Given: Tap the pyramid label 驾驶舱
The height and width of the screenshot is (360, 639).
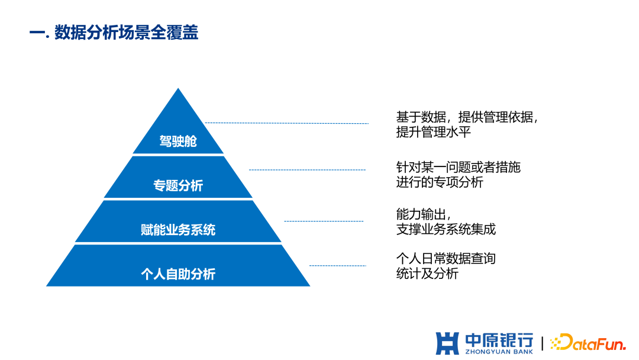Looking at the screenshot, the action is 178,142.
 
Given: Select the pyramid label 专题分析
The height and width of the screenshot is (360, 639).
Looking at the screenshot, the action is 178,186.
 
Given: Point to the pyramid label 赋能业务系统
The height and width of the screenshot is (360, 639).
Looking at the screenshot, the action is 178,230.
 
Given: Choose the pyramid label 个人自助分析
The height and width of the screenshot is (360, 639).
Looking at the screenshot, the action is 178,274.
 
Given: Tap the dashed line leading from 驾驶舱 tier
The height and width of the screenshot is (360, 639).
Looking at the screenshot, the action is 287,123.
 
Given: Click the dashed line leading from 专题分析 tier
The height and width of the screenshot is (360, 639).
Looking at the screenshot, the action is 307,170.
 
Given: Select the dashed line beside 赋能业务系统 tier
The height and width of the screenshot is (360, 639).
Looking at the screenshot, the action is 324,221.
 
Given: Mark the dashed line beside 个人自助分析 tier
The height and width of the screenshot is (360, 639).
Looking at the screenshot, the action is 337,266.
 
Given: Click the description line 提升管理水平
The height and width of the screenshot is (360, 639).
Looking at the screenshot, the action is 433,132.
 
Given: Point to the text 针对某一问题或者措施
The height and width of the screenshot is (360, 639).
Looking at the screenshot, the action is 458,168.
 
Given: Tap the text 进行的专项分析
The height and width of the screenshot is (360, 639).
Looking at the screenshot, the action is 439,182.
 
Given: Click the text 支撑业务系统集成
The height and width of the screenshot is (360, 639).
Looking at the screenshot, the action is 446,229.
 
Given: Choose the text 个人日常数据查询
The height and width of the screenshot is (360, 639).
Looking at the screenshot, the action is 446,259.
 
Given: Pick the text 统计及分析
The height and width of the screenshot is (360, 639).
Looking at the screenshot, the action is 427,274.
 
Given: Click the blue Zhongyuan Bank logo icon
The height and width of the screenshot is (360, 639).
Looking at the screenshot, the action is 447,343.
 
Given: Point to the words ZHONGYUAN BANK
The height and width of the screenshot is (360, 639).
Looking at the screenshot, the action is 499,352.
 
